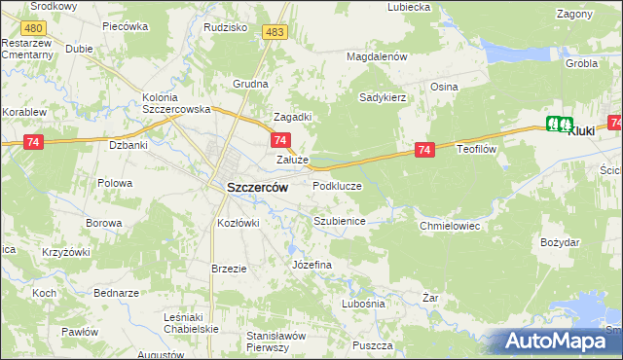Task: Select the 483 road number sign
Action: click(275, 33)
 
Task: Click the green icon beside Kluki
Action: click(559, 124)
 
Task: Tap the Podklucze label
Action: click(337, 186)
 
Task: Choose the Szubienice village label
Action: click(339, 222)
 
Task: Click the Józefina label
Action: click(312, 265)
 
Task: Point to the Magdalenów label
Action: click(377, 56)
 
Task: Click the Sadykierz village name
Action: click(382, 97)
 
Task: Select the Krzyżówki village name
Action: click(66, 252)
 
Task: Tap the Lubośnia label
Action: click(363, 304)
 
